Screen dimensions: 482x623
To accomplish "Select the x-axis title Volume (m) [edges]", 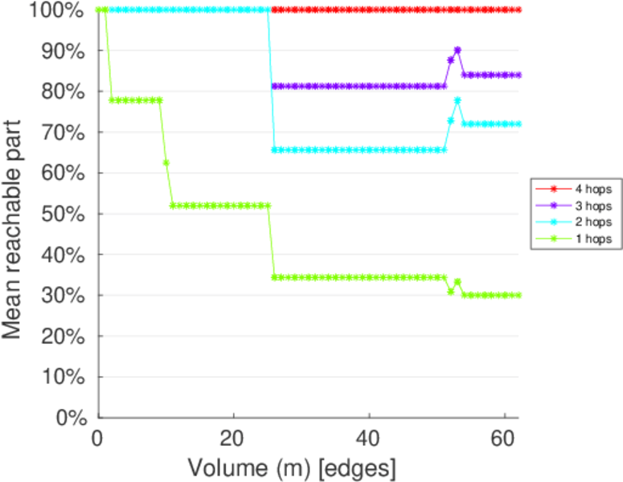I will (x=292, y=466).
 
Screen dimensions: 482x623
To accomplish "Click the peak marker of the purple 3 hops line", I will (x=457, y=50).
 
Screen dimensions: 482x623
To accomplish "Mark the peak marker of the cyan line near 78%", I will (x=457, y=100).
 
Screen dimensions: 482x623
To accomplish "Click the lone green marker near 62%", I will (x=166, y=163).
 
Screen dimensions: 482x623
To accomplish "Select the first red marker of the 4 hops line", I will (x=274, y=10).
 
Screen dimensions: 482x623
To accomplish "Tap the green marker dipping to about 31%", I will (x=451, y=292).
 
